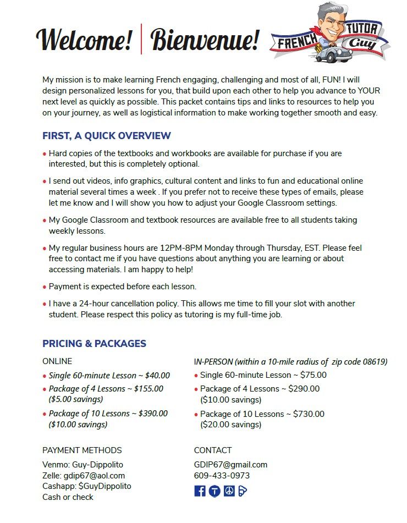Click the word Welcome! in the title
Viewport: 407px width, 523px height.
pyautogui.click(x=84, y=40)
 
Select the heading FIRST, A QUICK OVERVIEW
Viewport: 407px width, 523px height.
pyautogui.click(x=107, y=136)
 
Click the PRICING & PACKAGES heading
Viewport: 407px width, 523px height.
pyautogui.click(x=94, y=344)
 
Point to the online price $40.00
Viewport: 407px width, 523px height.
pyautogui.click(x=157, y=376)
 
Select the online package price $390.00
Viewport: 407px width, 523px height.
pyautogui.click(x=153, y=414)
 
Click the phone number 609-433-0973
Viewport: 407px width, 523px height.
pyautogui.click(x=222, y=476)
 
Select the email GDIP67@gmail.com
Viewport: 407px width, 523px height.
pyautogui.click(x=230, y=465)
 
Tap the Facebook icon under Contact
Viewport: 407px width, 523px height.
pyautogui.click(x=200, y=491)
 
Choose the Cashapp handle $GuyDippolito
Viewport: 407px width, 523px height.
pyautogui.click(x=105, y=486)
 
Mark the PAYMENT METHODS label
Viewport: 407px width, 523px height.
pyautogui.click(x=82, y=450)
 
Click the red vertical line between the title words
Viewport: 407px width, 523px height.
pyautogui.click(x=141, y=39)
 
